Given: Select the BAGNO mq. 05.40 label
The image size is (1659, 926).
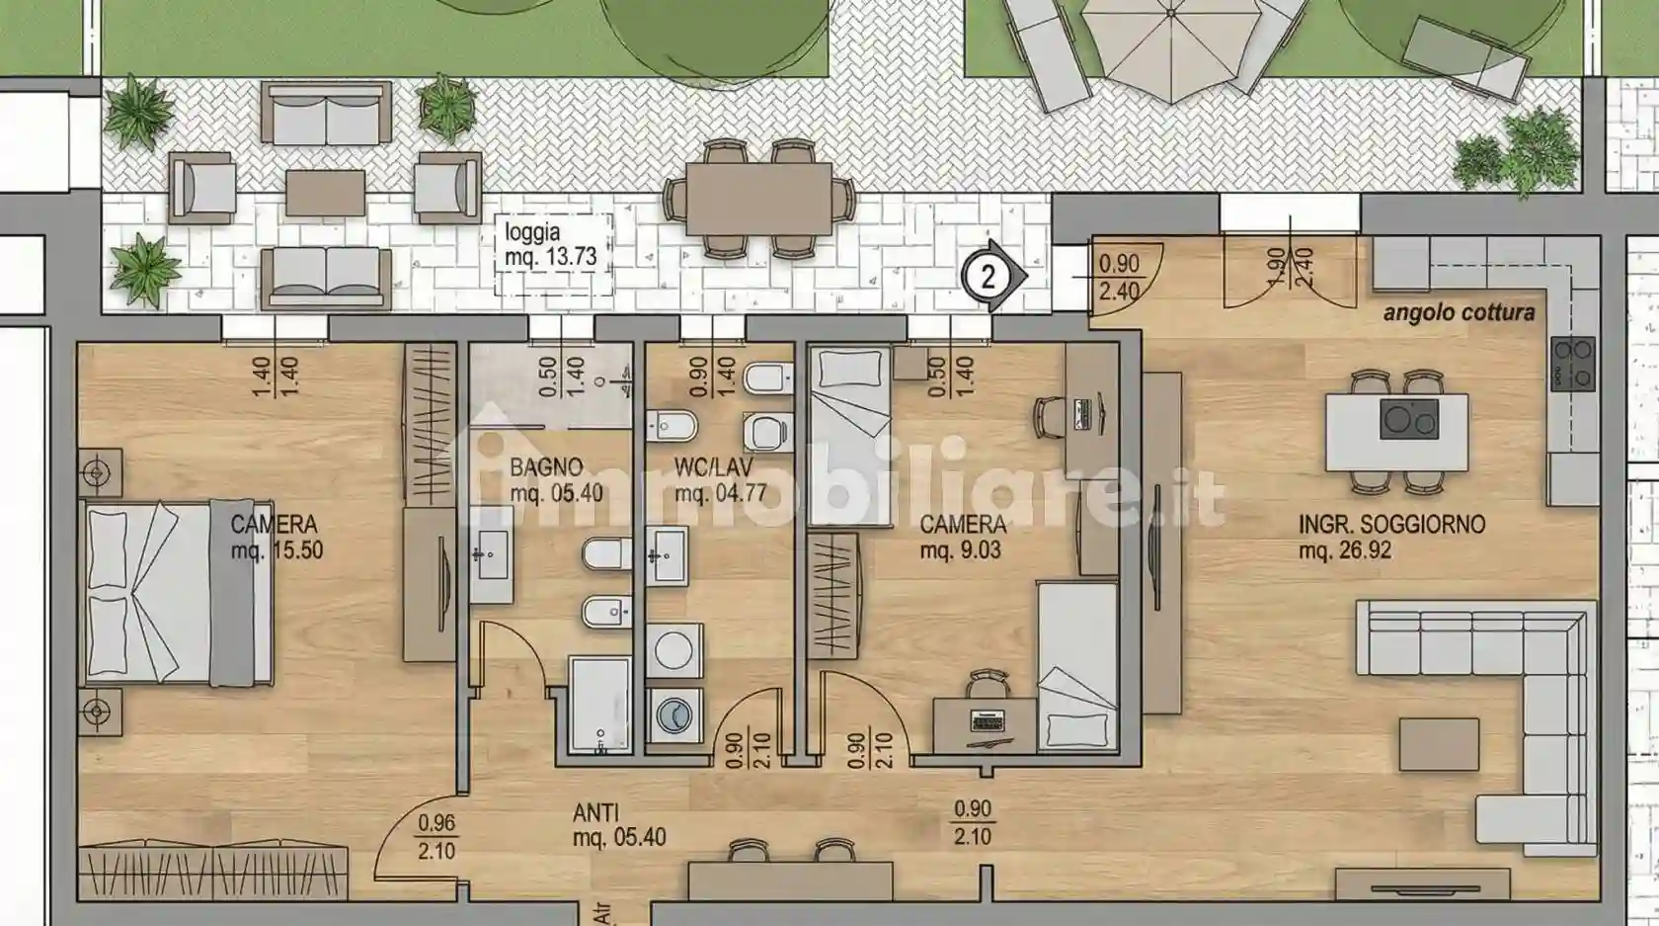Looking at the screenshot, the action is click(x=555, y=479).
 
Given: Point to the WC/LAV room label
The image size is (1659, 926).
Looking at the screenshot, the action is click(x=720, y=479).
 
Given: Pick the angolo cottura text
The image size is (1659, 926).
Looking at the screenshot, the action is click(x=1460, y=313).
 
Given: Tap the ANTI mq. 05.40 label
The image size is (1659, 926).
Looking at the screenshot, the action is click(x=618, y=825).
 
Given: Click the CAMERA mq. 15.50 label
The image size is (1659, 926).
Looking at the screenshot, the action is click(x=276, y=537).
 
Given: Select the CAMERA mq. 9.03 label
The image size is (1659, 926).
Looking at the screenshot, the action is click(x=962, y=537).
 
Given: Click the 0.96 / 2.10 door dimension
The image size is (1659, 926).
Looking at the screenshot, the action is click(x=436, y=837).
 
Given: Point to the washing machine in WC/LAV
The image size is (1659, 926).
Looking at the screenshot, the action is click(x=674, y=716).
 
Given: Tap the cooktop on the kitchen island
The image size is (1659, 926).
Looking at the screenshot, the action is click(x=1408, y=419).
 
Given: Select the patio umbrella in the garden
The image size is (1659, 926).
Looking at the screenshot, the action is click(x=1171, y=44).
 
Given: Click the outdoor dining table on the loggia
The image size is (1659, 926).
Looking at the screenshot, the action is click(x=758, y=199).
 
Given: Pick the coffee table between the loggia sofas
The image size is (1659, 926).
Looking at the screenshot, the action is click(x=325, y=194).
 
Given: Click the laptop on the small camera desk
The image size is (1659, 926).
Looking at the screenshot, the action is click(x=987, y=719).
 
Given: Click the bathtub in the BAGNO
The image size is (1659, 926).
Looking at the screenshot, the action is click(x=600, y=705).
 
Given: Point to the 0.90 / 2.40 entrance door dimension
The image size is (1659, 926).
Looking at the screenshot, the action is click(x=1118, y=277).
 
